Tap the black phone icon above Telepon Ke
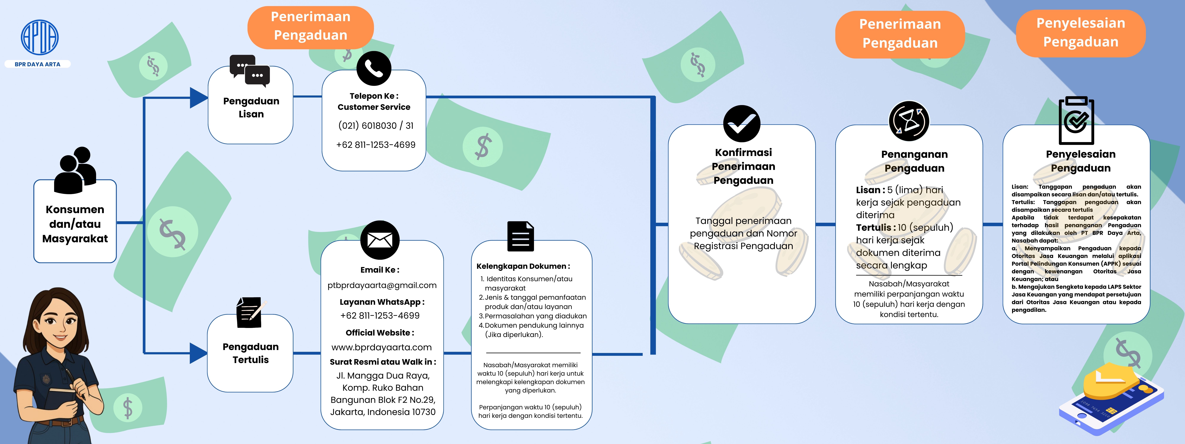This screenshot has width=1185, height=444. (374, 69)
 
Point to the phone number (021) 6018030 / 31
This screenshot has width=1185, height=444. (375, 126)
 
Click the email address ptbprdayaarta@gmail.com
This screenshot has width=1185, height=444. (382, 285)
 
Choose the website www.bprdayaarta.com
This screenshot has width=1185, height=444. (381, 348)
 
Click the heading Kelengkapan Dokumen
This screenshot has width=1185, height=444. (523, 266)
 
